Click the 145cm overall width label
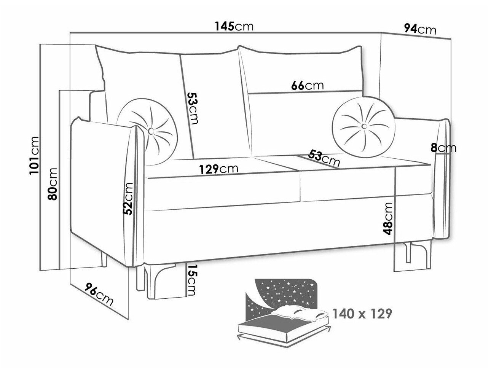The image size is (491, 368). tap(234, 27)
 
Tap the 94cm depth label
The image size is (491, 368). tap(420, 29)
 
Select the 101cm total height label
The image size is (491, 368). tap(35, 155)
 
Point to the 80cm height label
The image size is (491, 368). tap(53, 183)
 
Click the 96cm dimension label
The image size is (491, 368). tap(99, 294)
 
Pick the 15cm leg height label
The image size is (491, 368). tap(192, 280)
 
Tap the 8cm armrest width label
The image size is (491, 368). tap(443, 148)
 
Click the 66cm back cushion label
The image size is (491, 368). tap(307, 85)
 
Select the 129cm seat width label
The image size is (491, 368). tap(218, 169)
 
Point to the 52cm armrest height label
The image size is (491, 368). tap(128, 199)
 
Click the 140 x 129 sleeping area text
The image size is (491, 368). tap(362, 314)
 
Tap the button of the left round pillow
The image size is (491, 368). tap(151, 131)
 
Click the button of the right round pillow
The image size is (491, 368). tap(364, 126)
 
